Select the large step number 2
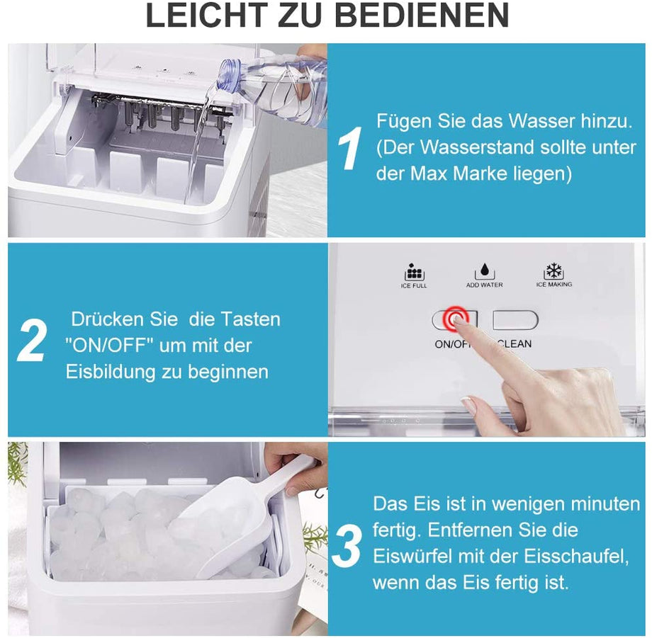click(x=32, y=341)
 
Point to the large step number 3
click(x=348, y=547)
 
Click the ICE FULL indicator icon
click(x=414, y=272)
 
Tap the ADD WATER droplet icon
click(x=485, y=271)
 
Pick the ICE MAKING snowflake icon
click(x=553, y=271)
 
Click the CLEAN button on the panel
click(x=515, y=321)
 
